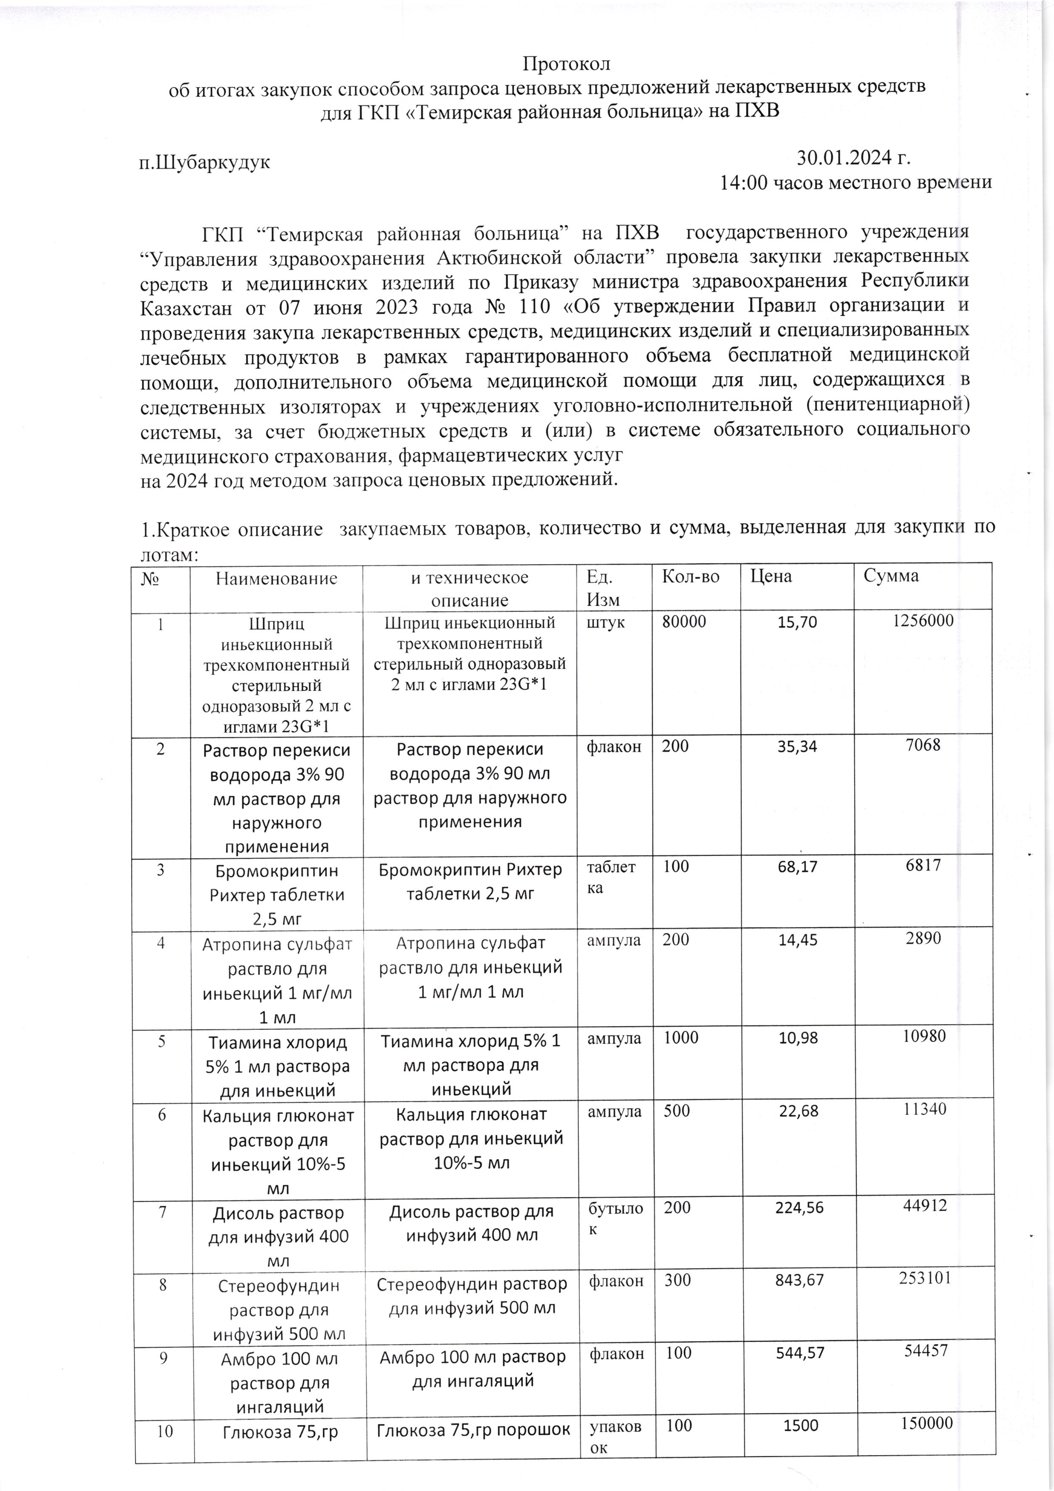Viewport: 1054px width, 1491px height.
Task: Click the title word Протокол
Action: point(566,64)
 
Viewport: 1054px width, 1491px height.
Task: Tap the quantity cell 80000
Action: point(684,622)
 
